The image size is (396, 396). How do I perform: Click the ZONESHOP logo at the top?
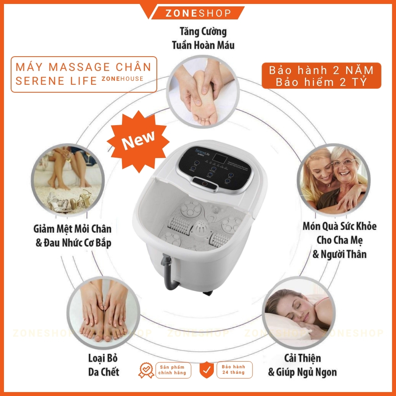click(x=198, y=13)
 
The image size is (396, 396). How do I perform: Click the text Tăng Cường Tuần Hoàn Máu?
click(x=203, y=38)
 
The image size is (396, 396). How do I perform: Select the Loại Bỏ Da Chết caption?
click(x=103, y=365)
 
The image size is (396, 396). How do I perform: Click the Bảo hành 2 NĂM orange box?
click(x=322, y=76)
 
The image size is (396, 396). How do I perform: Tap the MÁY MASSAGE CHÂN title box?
click(x=84, y=74)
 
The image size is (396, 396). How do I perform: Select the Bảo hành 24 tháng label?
click(x=233, y=370)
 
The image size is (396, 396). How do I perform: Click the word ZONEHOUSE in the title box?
click(x=122, y=79)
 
